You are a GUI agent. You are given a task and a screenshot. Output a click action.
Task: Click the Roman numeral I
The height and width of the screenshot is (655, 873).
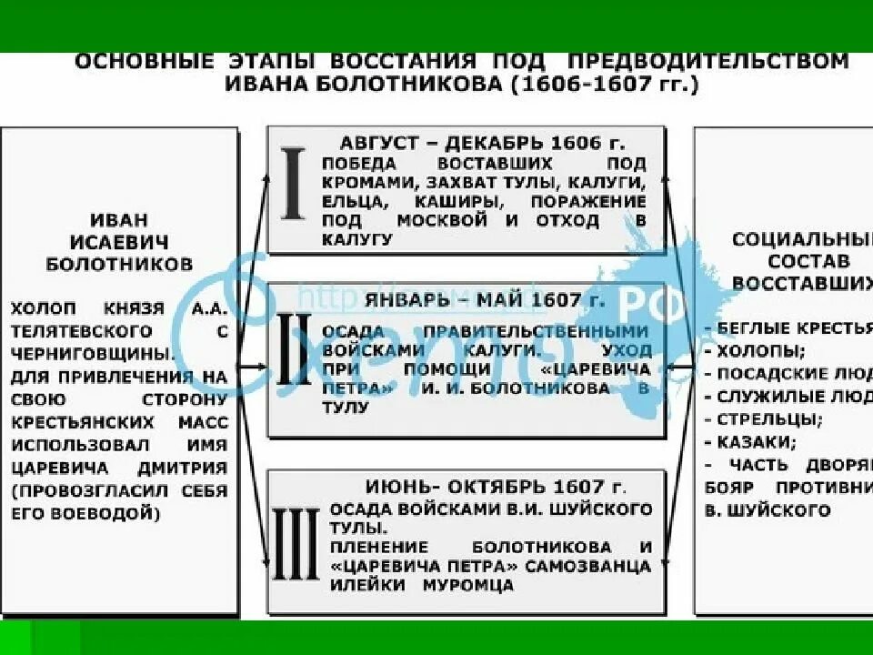(293, 188)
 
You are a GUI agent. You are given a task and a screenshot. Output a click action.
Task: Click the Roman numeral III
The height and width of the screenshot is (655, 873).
(296, 544)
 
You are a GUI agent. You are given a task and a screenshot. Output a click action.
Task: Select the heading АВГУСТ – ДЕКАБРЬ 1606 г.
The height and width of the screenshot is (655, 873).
(483, 143)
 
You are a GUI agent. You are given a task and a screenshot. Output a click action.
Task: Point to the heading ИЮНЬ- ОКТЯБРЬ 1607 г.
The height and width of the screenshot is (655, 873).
(496, 485)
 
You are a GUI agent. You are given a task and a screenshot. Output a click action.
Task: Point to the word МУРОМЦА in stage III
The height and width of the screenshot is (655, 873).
(467, 585)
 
